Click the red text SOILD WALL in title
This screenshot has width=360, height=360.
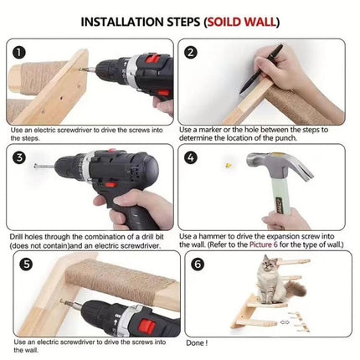(x=242, y=20)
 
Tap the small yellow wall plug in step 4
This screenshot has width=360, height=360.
(x=229, y=167)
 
